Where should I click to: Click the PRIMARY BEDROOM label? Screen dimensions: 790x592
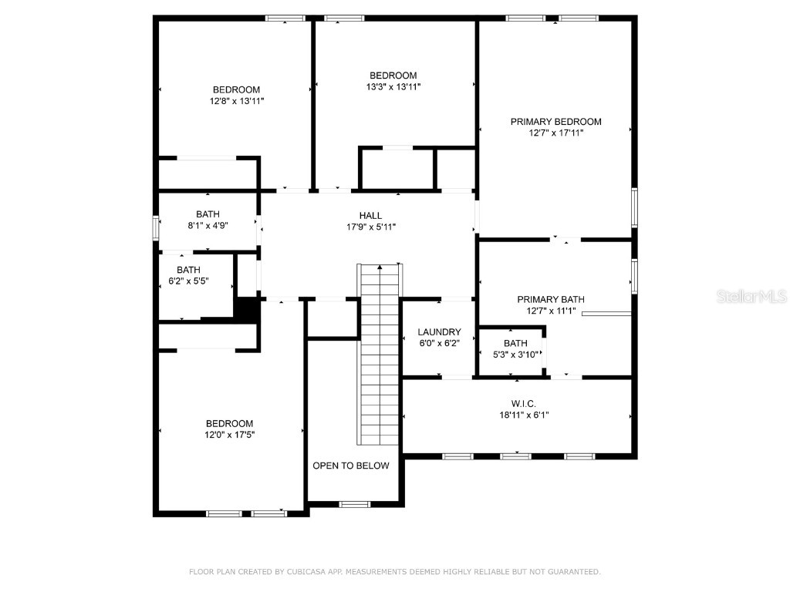click(555, 122)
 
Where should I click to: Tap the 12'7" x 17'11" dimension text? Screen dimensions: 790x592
click(555, 133)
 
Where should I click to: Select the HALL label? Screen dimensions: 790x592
click(370, 216)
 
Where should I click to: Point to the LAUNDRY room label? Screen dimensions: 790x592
click(439, 332)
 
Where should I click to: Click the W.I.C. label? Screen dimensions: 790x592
click(524, 404)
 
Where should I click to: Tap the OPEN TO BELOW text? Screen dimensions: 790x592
click(351, 466)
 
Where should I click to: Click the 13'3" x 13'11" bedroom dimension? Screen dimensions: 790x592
click(393, 86)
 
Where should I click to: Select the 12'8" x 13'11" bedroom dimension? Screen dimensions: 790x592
click(237, 101)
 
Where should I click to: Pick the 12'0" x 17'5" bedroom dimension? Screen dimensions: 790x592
click(229, 435)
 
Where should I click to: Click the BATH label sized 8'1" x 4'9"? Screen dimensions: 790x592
click(208, 214)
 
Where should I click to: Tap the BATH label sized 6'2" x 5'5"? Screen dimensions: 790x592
click(188, 270)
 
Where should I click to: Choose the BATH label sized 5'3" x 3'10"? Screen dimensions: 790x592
click(515, 343)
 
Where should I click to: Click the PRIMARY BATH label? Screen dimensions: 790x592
click(551, 300)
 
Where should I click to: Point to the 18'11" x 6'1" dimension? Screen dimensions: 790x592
click(524, 415)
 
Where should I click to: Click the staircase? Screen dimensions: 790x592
click(380, 355)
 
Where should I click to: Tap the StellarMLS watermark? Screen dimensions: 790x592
click(751, 296)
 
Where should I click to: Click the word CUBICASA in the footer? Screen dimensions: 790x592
click(306, 572)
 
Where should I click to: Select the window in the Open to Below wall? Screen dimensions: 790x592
click(354, 504)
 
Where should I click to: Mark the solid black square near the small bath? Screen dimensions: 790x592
click(247, 309)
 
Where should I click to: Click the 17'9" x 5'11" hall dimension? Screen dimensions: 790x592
click(371, 227)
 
